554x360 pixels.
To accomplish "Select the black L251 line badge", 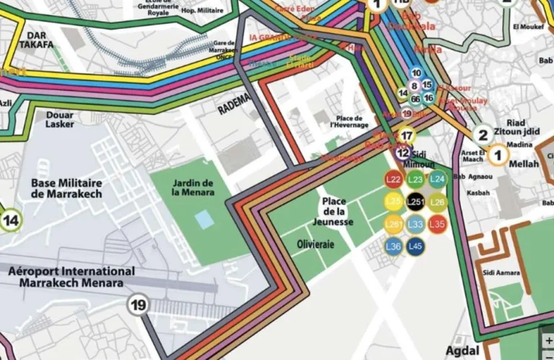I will tap(415, 202).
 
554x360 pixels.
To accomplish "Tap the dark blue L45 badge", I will tap(415, 247).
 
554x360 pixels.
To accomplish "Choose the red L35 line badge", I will tap(437, 224).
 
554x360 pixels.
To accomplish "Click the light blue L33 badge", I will tap(415, 224).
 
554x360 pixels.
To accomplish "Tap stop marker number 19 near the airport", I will tap(138, 305).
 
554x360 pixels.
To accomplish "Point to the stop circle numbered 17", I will tap(407, 136).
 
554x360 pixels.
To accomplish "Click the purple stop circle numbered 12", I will tap(403, 153).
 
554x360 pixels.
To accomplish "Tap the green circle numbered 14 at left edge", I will tap(10, 220).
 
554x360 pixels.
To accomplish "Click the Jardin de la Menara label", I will tap(193, 188).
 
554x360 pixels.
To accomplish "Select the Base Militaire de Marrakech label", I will tap(66, 188).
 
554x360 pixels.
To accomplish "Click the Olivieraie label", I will tap(316, 245).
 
